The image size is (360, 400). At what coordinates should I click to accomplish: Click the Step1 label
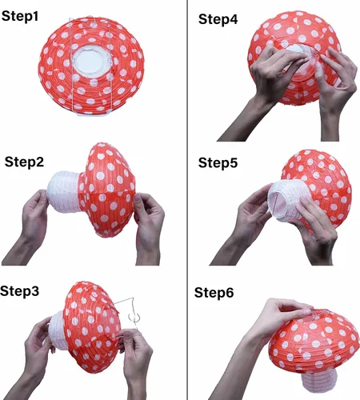[x=20, y=16]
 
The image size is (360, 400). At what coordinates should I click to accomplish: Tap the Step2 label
[x=24, y=162]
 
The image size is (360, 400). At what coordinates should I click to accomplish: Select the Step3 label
[x=19, y=291]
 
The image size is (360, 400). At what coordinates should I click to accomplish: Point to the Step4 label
[x=218, y=19]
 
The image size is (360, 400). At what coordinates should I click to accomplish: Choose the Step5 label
[x=218, y=162]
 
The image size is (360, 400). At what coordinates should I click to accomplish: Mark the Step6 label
[x=214, y=293]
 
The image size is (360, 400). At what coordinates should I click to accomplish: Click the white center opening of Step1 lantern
[x=91, y=62]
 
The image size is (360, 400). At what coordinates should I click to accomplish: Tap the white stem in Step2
[x=64, y=191]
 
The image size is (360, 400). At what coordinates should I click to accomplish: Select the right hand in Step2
[x=148, y=226]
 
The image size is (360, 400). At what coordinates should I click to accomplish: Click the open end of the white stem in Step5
[x=278, y=201]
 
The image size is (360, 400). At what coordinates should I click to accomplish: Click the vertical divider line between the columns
[x=187, y=200]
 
